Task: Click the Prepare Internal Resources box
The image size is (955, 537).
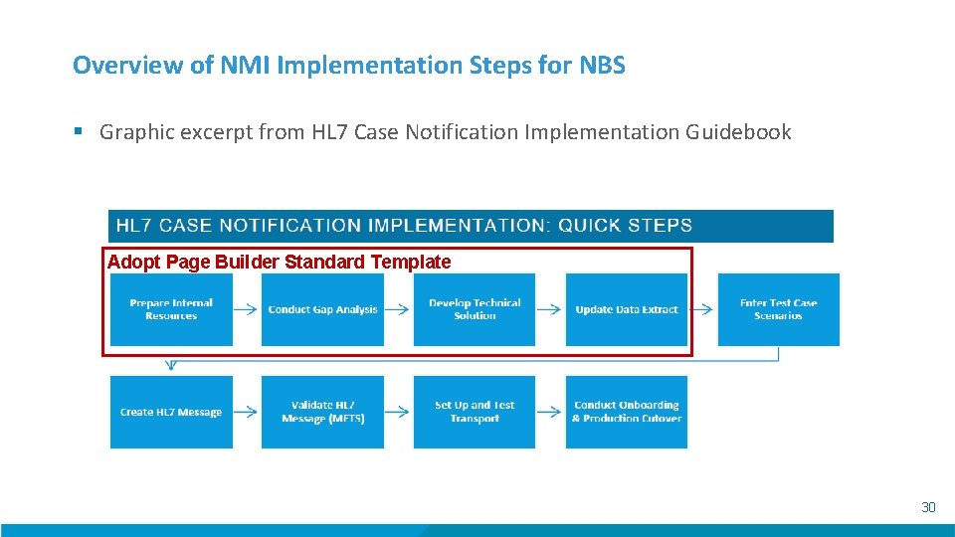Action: [171, 309]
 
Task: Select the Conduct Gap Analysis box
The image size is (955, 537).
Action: [322, 309]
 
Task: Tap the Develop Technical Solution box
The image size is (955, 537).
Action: [475, 309]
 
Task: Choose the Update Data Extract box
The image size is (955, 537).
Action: [627, 309]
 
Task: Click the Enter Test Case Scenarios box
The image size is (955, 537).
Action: [778, 309]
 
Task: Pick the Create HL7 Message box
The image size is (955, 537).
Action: [171, 412]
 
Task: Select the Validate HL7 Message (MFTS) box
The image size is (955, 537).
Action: [322, 412]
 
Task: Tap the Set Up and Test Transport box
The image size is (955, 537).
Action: [475, 412]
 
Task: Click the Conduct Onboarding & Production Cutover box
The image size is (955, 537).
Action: [627, 412]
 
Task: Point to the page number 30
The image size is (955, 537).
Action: [928, 507]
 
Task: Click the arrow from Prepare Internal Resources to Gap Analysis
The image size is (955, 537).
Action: [247, 309]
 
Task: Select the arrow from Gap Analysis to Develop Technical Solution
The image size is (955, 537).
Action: [398, 309]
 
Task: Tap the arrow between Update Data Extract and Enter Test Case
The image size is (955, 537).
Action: [702, 309]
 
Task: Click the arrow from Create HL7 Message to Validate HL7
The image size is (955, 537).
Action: [247, 412]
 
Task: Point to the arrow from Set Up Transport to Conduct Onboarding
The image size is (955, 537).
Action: [550, 412]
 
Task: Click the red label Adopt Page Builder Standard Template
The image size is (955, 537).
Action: [279, 263]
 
